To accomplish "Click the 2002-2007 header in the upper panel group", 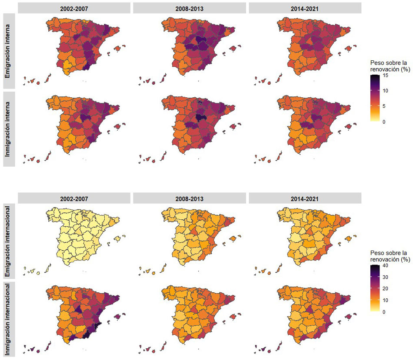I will pos(75,7).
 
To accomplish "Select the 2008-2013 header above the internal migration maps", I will pos(190,7).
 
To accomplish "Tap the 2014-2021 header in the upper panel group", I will pos(305,7).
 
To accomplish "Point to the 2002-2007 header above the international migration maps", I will pos(75,198).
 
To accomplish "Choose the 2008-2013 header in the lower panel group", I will pos(190,198).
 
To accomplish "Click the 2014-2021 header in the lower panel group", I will pos(305,198).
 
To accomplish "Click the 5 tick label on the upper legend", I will pos(384,106).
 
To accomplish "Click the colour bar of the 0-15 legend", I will pos(374,99).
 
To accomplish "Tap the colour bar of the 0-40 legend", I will pos(374,288).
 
